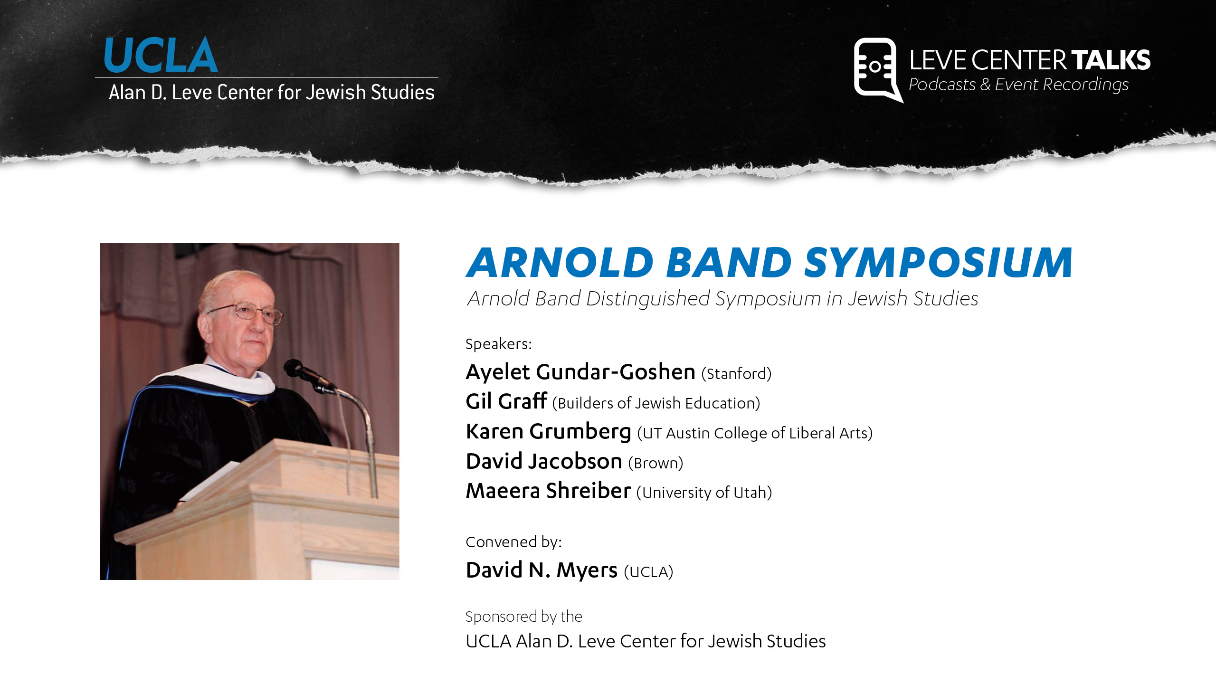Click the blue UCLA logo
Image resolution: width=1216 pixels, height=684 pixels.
[x=161, y=55]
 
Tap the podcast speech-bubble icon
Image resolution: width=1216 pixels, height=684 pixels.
[x=878, y=69]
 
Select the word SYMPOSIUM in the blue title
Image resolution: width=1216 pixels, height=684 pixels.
[x=938, y=262]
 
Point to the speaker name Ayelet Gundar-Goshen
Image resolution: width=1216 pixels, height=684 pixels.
[x=580, y=371]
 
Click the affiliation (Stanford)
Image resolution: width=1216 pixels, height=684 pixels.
[x=736, y=374]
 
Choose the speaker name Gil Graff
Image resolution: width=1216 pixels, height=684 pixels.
[x=506, y=401]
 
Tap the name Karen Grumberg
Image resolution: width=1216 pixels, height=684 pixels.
[x=549, y=431]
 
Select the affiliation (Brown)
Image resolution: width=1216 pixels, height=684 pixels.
[x=655, y=463]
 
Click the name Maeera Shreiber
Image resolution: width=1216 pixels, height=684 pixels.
[x=548, y=491]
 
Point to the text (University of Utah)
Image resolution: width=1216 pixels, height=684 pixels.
[x=704, y=493]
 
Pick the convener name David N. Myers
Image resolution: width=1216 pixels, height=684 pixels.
[x=541, y=570]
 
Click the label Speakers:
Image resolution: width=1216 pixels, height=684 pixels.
[x=499, y=343]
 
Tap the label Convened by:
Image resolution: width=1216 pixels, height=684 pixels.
[x=513, y=542]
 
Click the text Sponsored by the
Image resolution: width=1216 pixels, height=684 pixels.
[x=523, y=617]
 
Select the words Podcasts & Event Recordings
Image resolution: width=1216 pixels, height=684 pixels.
[x=1018, y=85]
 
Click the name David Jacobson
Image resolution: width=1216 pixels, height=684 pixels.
[x=544, y=461]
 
